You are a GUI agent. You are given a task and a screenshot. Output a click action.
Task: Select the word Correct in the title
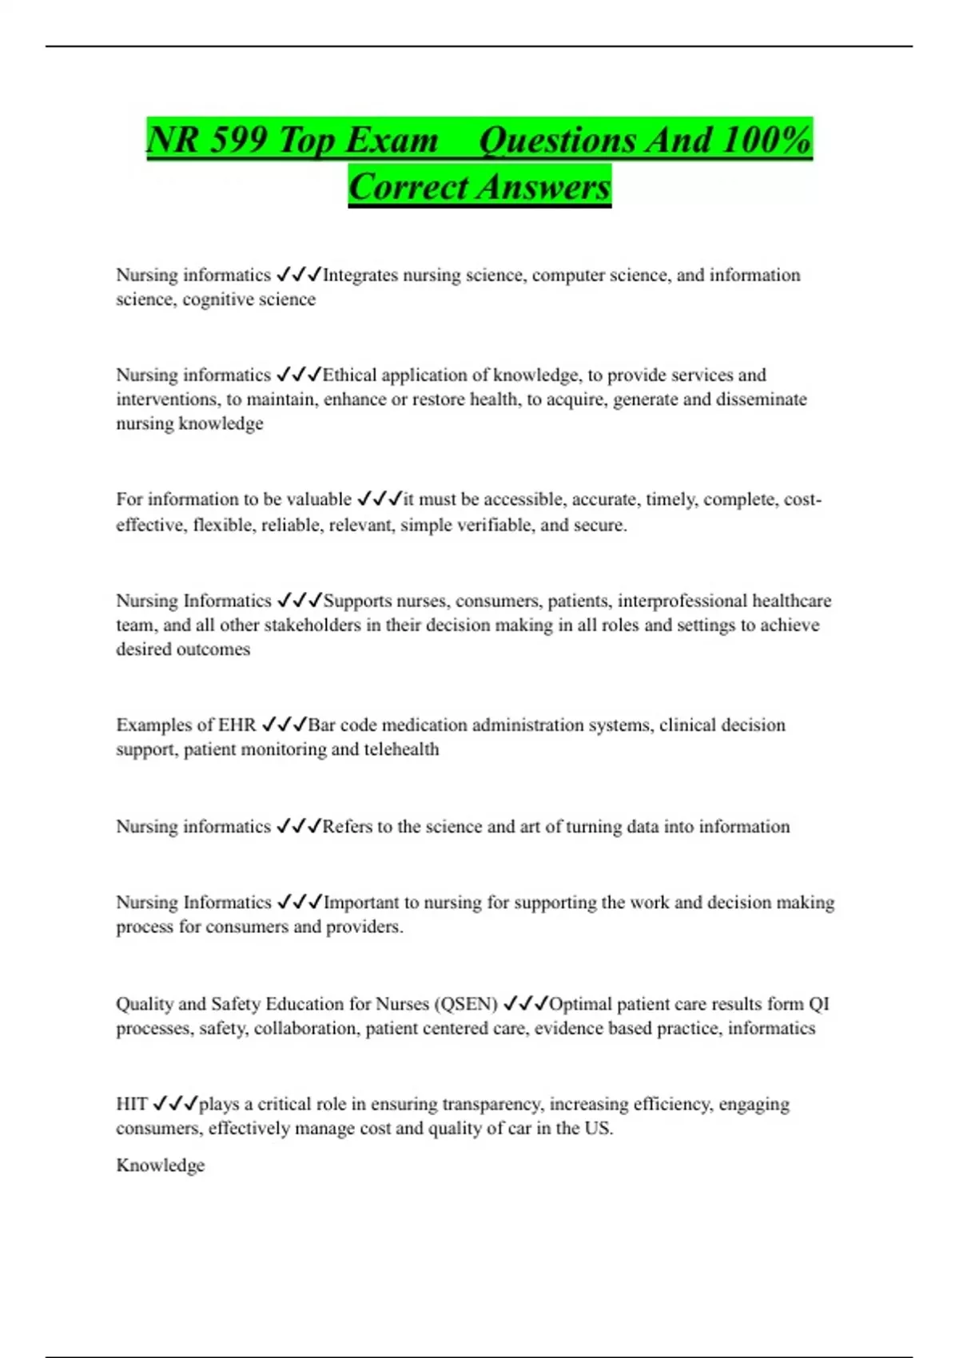(408, 188)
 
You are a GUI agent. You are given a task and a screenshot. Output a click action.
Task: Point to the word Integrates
(360, 276)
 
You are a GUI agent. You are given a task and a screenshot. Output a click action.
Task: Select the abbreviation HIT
(131, 1105)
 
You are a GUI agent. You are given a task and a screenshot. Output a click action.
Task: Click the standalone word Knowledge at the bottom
(160, 1165)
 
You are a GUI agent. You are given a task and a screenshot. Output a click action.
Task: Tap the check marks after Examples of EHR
(285, 725)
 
